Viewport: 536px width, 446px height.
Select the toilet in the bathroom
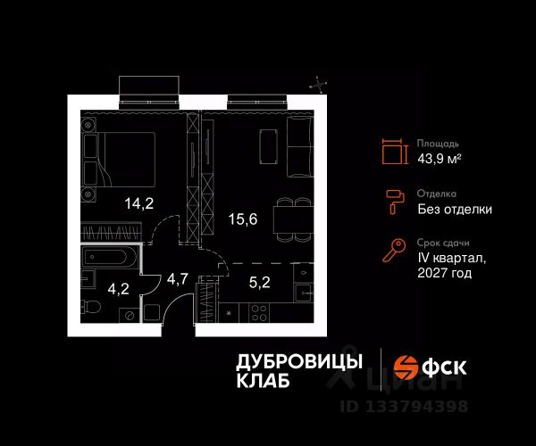tap(92, 310)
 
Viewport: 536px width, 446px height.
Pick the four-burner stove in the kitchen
tap(261, 313)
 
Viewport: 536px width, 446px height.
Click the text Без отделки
tap(455, 210)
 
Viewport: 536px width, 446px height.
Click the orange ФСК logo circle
tap(406, 367)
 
